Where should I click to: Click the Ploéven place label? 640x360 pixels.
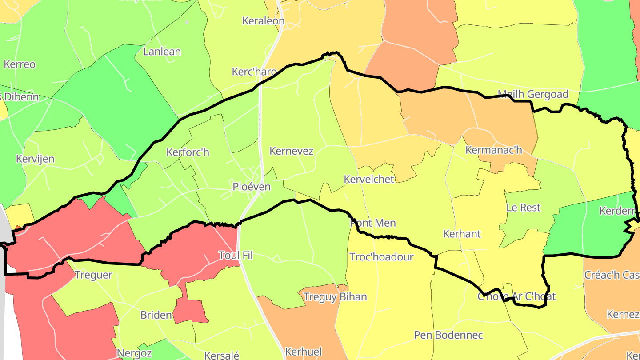click(x=252, y=187)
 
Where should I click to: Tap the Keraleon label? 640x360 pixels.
click(x=263, y=21)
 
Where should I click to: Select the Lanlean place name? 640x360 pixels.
click(x=162, y=52)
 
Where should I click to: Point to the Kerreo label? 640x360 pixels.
click(x=20, y=64)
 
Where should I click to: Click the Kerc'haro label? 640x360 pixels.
click(x=254, y=72)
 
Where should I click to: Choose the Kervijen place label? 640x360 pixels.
click(x=35, y=159)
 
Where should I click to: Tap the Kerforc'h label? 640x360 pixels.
click(x=188, y=152)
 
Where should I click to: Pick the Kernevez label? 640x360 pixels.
click(x=291, y=151)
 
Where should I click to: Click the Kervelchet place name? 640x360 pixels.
click(x=369, y=180)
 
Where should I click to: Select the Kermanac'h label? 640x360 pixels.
click(x=494, y=150)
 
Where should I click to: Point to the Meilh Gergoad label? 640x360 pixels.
click(x=533, y=94)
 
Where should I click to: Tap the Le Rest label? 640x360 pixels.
click(x=524, y=208)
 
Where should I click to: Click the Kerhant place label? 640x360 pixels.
click(x=462, y=234)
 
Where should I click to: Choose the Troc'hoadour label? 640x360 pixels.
click(x=381, y=257)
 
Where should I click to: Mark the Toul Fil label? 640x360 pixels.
click(x=236, y=256)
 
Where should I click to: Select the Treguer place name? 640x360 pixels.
click(x=93, y=275)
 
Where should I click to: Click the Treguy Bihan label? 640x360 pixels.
click(x=335, y=297)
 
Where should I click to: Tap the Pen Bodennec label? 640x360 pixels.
click(x=448, y=335)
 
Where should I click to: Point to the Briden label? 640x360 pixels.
click(x=156, y=315)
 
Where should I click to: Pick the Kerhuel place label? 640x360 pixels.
click(x=303, y=352)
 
